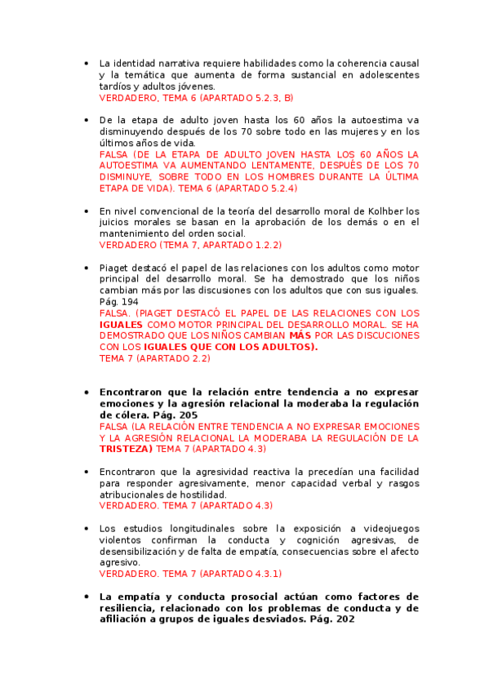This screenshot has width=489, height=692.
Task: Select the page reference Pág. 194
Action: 118,302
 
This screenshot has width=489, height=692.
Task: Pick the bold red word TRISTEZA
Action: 126,449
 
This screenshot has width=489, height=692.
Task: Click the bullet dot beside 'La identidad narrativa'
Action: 87,63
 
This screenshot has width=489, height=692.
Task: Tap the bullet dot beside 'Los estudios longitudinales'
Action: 87,527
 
